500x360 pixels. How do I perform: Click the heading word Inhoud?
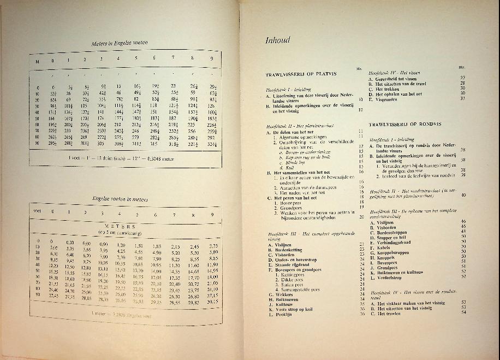(x=278, y=40)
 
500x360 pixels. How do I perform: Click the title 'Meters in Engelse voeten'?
(x=121, y=43)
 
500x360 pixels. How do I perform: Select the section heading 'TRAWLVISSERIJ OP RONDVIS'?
(x=404, y=125)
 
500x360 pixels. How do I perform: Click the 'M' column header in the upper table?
(x=38, y=61)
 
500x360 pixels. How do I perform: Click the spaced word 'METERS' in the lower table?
(x=121, y=225)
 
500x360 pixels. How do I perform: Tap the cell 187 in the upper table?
(x=172, y=117)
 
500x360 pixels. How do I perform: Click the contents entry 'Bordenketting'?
(x=289, y=249)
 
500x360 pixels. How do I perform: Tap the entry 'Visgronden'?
(x=388, y=99)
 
